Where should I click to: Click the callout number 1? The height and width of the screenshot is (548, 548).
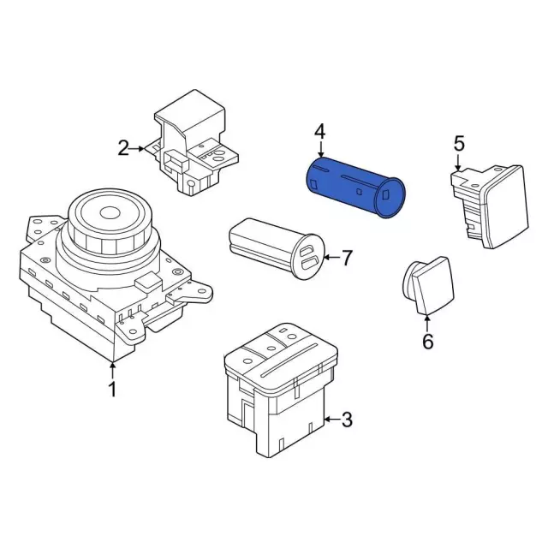(111, 390)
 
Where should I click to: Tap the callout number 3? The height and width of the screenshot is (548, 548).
(346, 420)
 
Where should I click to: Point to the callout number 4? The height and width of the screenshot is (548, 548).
(319, 132)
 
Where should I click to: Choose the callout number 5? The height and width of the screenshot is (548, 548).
(458, 142)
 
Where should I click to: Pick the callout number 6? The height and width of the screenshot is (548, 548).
(427, 342)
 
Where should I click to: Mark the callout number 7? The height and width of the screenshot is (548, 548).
(346, 256)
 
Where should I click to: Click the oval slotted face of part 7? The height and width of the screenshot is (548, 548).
(310, 256)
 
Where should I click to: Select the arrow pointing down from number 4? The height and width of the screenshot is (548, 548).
(319, 149)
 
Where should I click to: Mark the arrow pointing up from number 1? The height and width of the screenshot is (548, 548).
(111, 371)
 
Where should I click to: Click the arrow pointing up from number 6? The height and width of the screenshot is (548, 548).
(427, 322)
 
